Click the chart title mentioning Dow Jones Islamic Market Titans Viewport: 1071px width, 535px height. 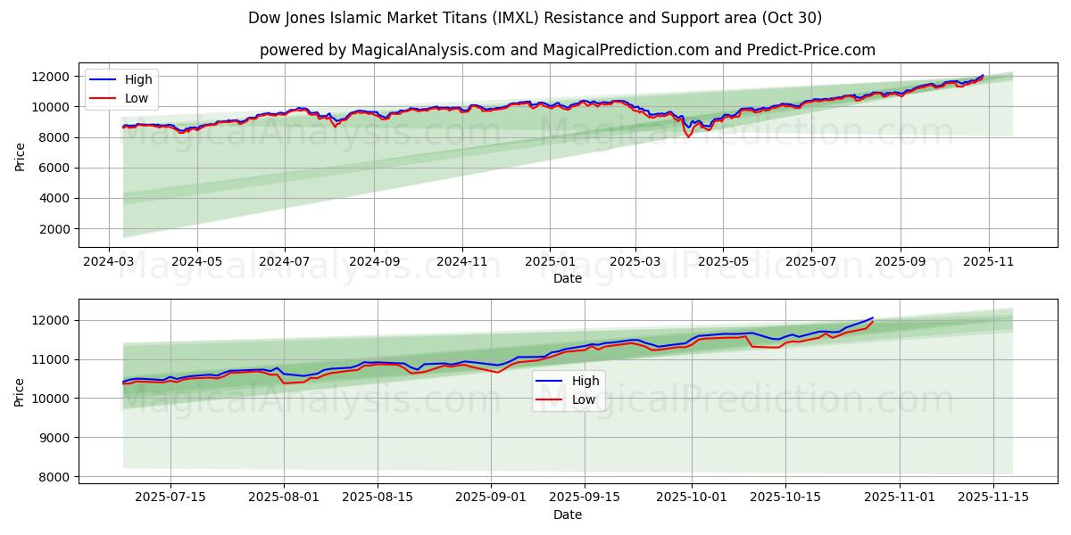535,18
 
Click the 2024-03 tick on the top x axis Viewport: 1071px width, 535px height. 109,263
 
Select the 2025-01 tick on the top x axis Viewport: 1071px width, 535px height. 550,263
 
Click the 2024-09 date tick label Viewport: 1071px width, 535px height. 373,263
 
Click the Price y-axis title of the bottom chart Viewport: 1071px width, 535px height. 20,391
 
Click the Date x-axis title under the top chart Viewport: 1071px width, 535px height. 567,278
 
